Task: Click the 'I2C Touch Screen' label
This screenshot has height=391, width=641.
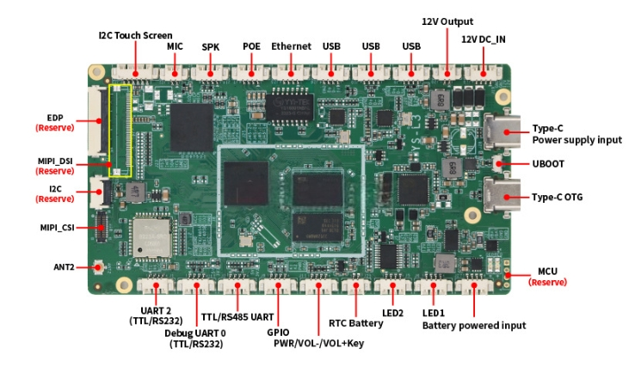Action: coord(135,35)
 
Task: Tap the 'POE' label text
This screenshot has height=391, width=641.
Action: coord(251,46)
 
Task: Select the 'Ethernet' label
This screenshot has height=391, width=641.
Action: coord(291,46)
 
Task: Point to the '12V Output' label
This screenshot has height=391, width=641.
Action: coord(447,21)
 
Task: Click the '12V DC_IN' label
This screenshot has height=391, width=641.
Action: coord(484,40)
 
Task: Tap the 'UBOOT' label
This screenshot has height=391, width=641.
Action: coord(548,164)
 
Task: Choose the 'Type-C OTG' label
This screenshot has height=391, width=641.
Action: coord(557,197)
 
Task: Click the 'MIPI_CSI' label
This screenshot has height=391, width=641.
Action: coord(58,228)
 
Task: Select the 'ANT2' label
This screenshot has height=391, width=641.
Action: coord(65,267)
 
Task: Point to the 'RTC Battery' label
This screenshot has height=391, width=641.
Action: coord(356,323)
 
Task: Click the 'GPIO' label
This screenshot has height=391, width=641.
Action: coord(278,333)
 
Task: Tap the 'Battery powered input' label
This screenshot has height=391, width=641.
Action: coord(474,326)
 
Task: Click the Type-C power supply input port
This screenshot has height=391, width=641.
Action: coord(502,131)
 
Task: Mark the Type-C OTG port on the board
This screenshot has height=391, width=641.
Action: coord(502,196)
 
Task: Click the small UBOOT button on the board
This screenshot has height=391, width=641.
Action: coord(498,163)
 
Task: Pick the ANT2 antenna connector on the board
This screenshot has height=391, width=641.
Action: coord(99,267)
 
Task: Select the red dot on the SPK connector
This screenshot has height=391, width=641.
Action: coord(210,74)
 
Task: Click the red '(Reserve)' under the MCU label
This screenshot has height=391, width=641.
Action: coord(547,283)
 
